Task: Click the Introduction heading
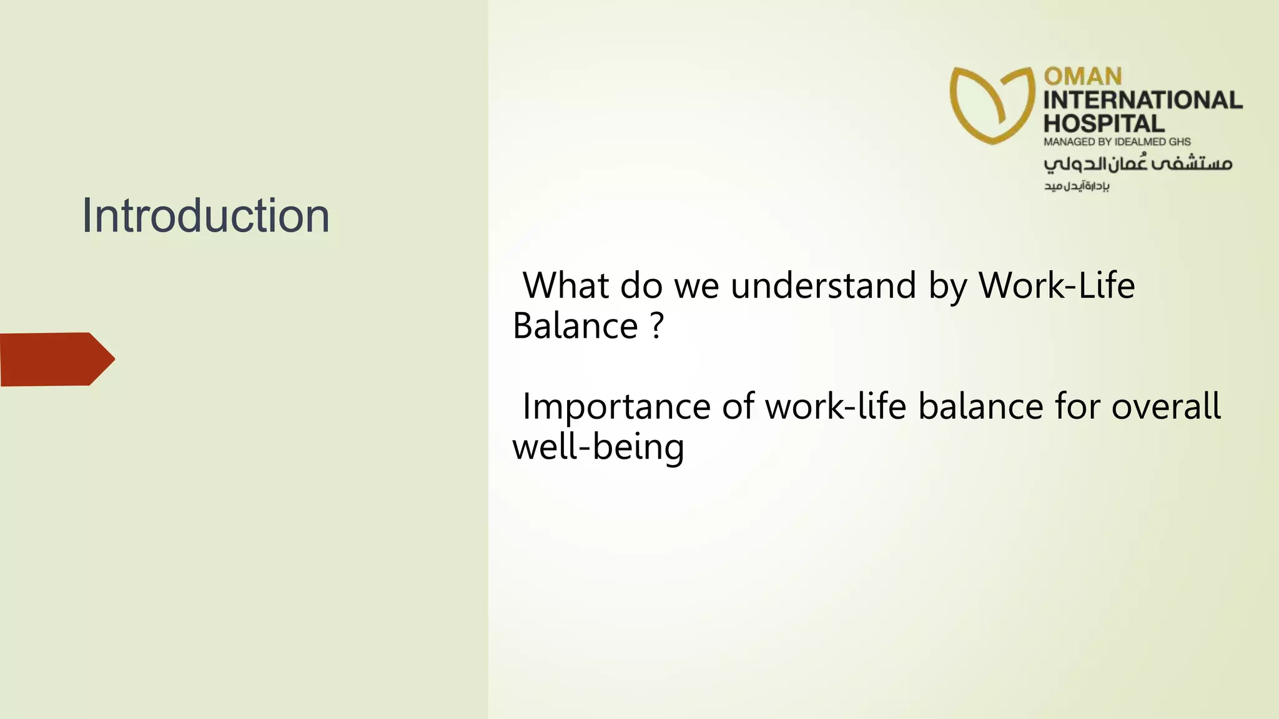(205, 216)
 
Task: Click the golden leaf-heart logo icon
(992, 105)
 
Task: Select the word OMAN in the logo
(1083, 77)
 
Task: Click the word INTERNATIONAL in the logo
(1142, 100)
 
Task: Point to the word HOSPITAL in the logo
(1104, 123)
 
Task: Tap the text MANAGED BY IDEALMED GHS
(1117, 142)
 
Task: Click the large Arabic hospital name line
(1137, 163)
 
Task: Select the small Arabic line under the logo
(1076, 186)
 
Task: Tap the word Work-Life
(1056, 286)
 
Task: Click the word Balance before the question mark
(575, 326)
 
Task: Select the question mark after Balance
(656, 326)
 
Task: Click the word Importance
(616, 407)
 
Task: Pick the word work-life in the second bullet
(836, 407)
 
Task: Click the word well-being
(598, 448)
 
